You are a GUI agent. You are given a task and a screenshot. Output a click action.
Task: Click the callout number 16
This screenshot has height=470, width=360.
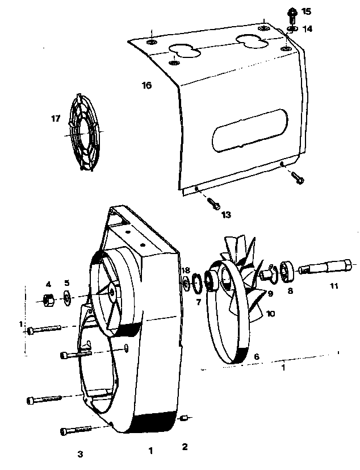point(146,85)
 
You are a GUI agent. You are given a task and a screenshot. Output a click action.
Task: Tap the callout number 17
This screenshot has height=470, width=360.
point(56,119)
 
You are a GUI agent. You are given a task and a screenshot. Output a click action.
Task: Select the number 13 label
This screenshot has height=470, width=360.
point(226,215)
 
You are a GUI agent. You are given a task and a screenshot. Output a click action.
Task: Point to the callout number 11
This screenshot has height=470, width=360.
point(334,286)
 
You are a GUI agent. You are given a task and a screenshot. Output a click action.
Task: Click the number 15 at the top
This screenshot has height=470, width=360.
point(306,12)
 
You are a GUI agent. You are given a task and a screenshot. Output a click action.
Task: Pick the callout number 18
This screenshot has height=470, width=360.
point(186,271)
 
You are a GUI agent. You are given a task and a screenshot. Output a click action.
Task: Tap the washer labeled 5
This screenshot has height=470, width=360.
point(66,297)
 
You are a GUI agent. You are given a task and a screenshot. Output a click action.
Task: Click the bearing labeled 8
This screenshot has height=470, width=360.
point(287,272)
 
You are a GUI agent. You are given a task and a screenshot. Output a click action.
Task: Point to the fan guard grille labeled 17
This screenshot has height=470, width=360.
point(84,132)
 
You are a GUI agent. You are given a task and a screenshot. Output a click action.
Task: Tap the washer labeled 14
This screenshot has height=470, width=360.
point(291,29)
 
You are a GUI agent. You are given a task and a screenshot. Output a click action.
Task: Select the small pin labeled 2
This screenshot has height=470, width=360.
point(183,418)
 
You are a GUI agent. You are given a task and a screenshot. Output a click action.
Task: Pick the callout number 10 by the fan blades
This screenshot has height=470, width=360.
point(270,314)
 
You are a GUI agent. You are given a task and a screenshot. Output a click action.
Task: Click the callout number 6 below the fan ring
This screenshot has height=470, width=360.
point(257,357)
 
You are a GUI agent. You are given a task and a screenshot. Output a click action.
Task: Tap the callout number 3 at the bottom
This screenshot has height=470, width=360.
point(80,454)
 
